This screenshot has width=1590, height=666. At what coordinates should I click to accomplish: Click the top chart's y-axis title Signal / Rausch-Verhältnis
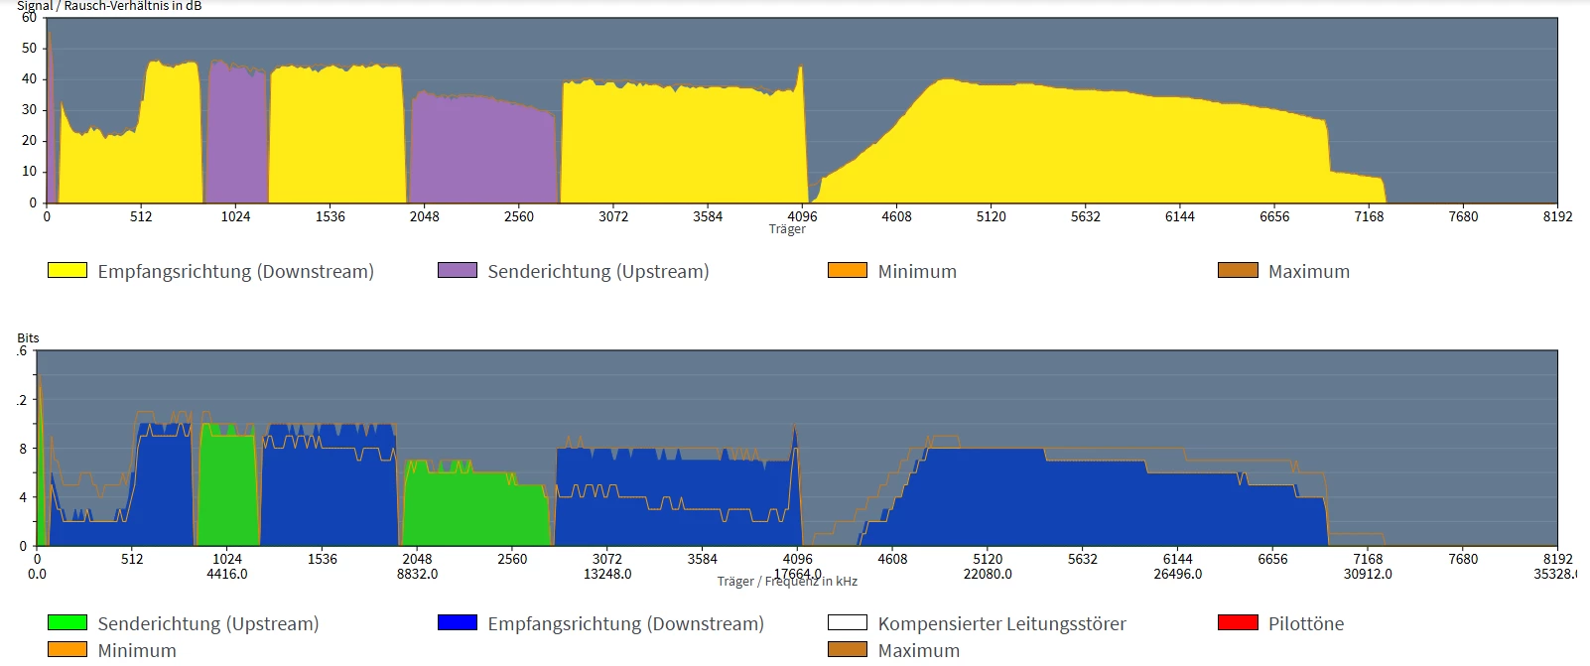[109, 6]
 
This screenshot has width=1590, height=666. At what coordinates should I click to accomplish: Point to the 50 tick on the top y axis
[30, 48]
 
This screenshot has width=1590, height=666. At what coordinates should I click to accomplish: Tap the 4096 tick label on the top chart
[802, 216]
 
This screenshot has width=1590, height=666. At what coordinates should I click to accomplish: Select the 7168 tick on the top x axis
[1369, 216]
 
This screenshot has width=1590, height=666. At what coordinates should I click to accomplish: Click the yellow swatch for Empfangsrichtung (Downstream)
[67, 270]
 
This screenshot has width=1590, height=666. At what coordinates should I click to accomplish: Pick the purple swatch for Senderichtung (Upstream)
[458, 270]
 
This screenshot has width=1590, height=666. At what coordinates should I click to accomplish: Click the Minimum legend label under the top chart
[917, 271]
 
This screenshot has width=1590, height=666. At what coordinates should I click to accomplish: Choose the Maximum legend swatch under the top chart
[1238, 270]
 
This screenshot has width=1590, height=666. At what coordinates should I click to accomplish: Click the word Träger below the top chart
[787, 229]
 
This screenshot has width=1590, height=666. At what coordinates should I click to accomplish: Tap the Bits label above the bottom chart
[28, 338]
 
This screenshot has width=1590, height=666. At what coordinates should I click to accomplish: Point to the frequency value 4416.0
[227, 574]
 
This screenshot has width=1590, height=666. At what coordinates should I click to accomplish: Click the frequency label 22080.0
[988, 574]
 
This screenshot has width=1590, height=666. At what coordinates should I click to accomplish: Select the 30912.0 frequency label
[1368, 574]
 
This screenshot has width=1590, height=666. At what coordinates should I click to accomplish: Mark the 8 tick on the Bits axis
[23, 449]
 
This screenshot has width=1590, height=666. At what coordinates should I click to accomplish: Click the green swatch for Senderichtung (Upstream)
[67, 622]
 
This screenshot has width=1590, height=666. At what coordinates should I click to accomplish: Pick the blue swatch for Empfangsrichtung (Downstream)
[458, 622]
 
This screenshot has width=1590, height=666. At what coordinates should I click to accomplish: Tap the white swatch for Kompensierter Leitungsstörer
[848, 622]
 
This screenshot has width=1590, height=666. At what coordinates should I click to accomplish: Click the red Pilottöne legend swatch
[1238, 622]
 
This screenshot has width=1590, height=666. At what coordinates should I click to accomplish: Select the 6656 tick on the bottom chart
[1272, 559]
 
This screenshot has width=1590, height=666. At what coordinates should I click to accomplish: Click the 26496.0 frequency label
[1177, 574]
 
